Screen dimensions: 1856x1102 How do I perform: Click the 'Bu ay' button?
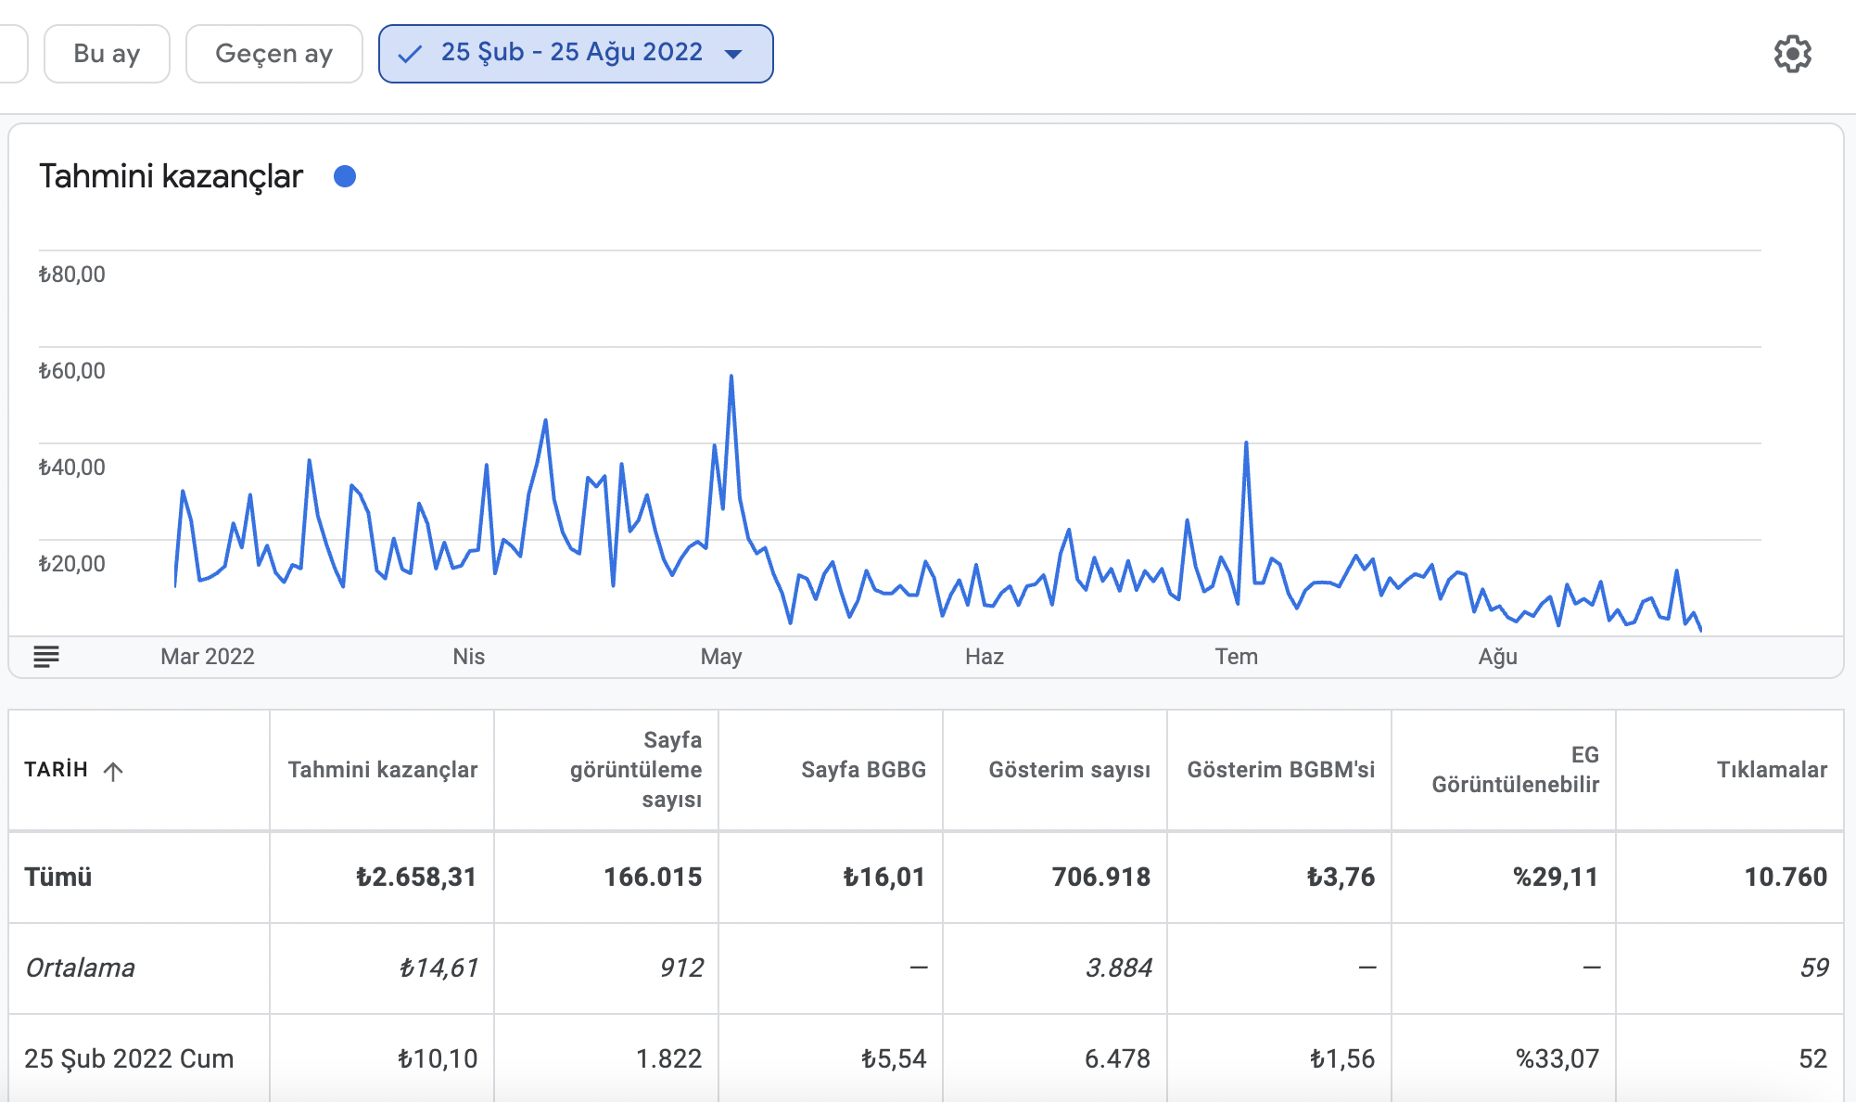pyautogui.click(x=107, y=54)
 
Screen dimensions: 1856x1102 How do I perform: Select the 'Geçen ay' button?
pyautogui.click(x=273, y=54)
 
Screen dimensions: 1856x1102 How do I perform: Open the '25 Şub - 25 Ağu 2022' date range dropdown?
pyautogui.click(x=576, y=54)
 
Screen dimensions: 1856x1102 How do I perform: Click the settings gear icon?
pyautogui.click(x=1793, y=54)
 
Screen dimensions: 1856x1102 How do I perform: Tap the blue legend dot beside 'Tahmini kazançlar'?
pyautogui.click(x=345, y=176)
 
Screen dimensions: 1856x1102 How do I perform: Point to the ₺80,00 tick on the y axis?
pyautogui.click(x=71, y=275)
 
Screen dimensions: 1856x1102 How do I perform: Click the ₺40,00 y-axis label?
pyautogui.click(x=71, y=468)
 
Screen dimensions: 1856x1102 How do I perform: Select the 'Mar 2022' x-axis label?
pyautogui.click(x=208, y=657)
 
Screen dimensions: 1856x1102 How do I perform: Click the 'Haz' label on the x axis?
pyautogui.click(x=985, y=657)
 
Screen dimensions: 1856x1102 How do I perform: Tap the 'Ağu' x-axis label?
pyautogui.click(x=1498, y=657)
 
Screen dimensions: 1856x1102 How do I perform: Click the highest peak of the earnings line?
pyautogui.click(x=731, y=376)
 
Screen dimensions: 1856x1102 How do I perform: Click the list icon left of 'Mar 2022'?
pyautogui.click(x=46, y=657)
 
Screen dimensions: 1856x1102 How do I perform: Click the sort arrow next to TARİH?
pyautogui.click(x=113, y=771)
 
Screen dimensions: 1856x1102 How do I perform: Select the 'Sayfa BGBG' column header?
pyautogui.click(x=864, y=770)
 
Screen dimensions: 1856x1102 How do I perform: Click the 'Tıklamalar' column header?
pyautogui.click(x=1773, y=770)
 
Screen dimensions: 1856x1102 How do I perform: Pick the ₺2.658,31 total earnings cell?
pyautogui.click(x=416, y=878)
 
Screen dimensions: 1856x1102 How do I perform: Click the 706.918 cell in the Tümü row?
pyautogui.click(x=1101, y=878)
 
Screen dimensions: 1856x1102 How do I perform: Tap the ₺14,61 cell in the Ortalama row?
pyautogui.click(x=439, y=968)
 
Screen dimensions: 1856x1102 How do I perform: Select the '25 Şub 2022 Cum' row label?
pyautogui.click(x=129, y=1059)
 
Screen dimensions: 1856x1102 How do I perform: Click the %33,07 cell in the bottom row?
pyautogui.click(x=1557, y=1059)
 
